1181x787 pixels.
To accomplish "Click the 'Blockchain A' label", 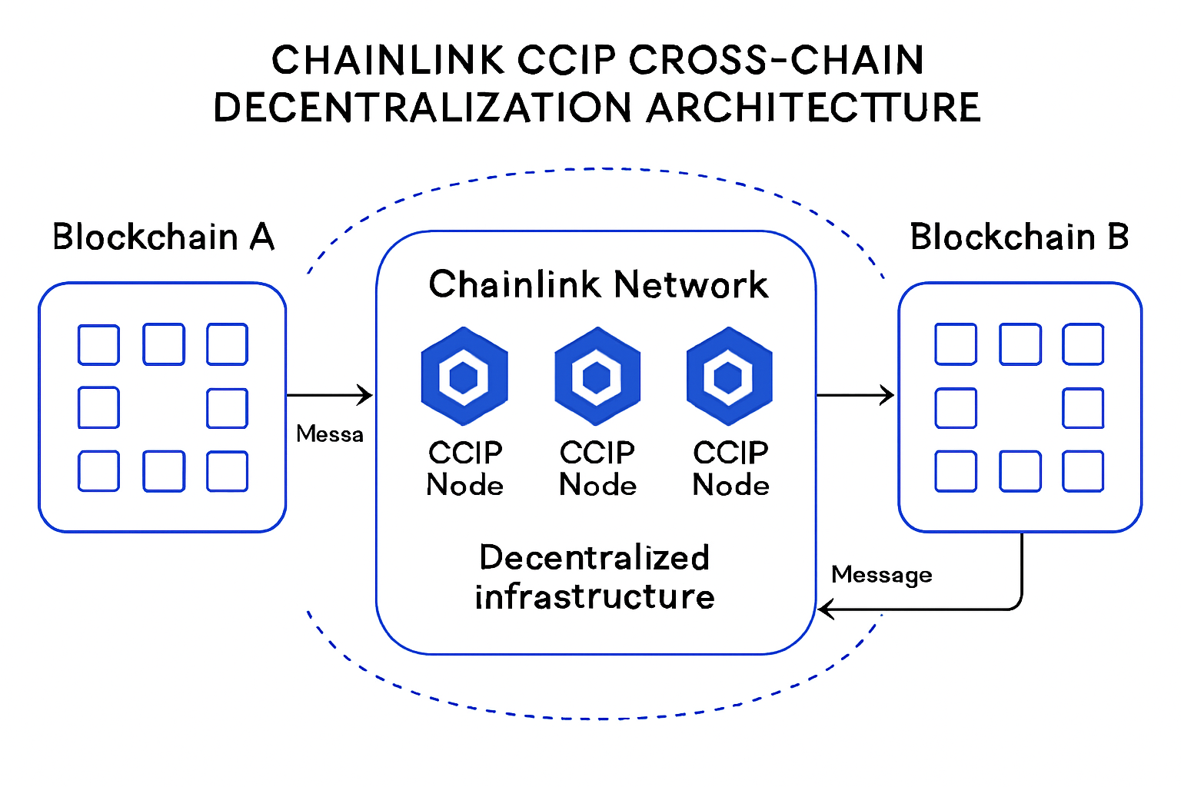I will point(163,237).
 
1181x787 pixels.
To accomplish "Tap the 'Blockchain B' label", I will point(1020,237).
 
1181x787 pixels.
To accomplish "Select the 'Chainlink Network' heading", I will point(597,284).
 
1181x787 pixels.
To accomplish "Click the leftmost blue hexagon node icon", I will point(464,377).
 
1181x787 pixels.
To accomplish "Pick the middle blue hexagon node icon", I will point(597,377).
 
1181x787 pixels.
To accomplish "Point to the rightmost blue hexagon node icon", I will point(729,377).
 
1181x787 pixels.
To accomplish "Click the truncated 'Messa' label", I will point(329,434).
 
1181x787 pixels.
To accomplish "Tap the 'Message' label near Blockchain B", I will point(881,575).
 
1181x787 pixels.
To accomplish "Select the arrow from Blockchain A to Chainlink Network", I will point(329,395).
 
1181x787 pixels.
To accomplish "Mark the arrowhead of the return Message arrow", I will point(824,610).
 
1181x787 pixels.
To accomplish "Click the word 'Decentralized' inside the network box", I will point(594,558).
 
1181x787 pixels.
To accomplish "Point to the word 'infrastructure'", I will point(594,597).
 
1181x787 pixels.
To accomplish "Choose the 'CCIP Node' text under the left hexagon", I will point(465,469).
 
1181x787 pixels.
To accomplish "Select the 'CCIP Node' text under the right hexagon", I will point(730,469).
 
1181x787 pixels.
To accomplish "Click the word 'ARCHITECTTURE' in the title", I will point(813,108).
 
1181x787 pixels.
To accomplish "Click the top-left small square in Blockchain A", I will point(98,344).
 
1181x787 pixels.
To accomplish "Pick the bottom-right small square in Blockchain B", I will point(1083,471).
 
